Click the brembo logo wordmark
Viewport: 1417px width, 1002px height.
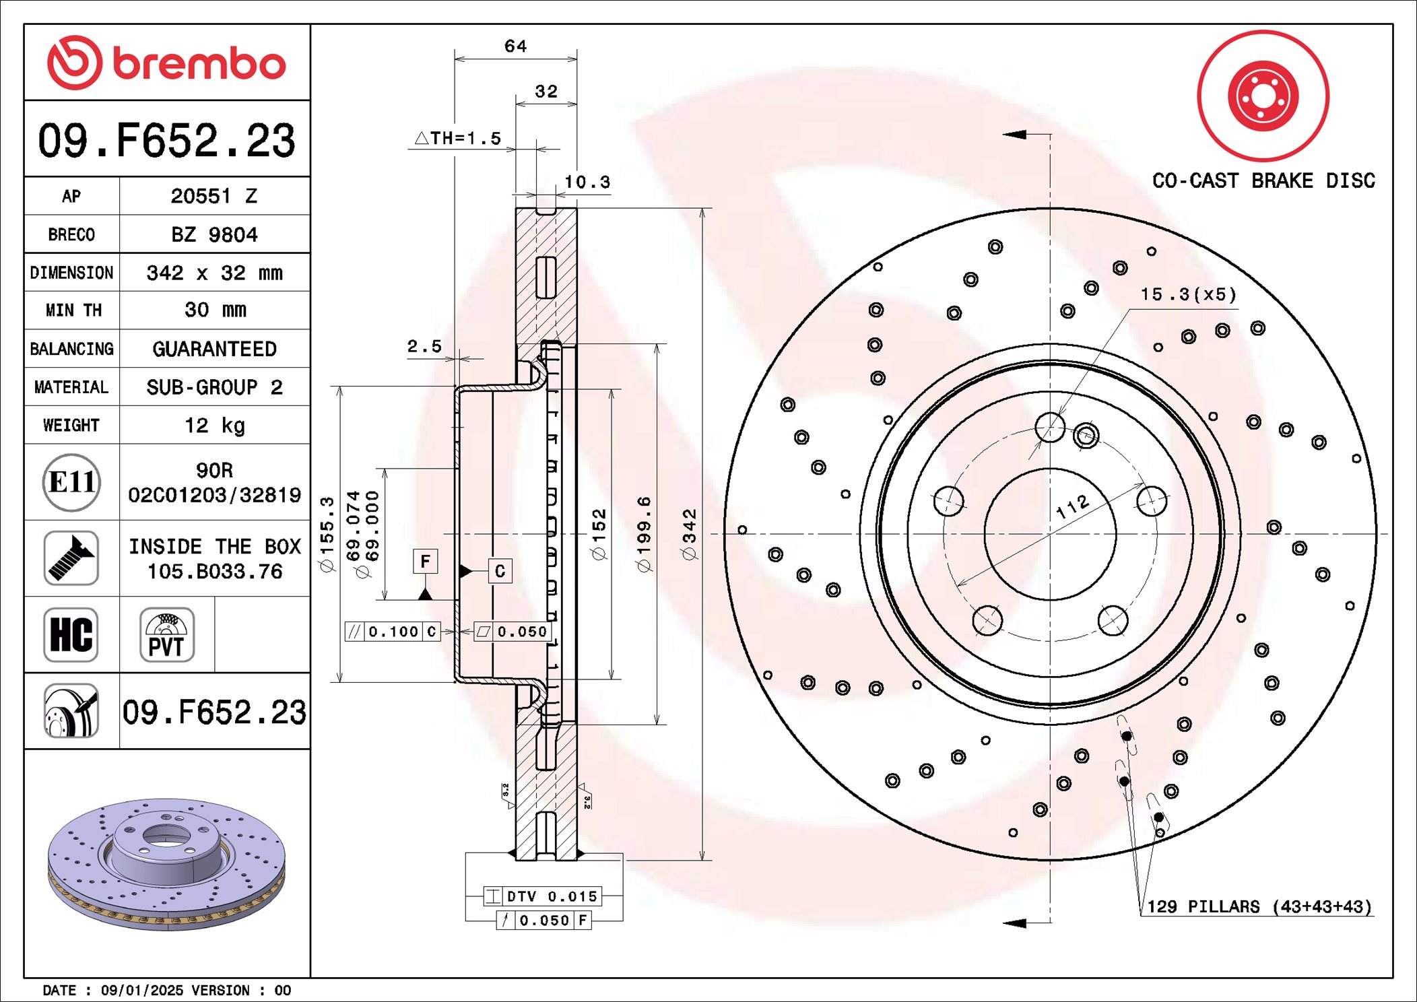[199, 64]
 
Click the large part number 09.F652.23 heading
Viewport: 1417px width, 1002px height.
[166, 141]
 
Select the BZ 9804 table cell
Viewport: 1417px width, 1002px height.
[214, 234]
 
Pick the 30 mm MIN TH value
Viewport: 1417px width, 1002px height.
[214, 310]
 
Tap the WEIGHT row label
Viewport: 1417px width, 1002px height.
[71, 425]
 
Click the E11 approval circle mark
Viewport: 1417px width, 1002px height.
[71, 482]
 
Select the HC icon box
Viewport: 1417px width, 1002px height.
[71, 635]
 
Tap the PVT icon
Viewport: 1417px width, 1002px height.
[167, 635]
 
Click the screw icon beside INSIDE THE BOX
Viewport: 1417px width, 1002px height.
[71, 558]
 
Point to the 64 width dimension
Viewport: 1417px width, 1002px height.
[515, 46]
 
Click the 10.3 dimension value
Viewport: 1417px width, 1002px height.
[587, 182]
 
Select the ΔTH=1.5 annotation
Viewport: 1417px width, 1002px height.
[459, 139]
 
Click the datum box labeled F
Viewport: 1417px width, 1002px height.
[425, 561]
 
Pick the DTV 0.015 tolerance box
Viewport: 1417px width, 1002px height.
[542, 896]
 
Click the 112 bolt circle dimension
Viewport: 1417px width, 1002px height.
[1072, 506]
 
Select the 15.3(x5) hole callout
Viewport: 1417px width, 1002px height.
[1188, 294]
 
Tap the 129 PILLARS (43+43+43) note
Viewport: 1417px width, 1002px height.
[1259, 906]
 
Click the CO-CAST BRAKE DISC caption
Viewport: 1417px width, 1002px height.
[1263, 180]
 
